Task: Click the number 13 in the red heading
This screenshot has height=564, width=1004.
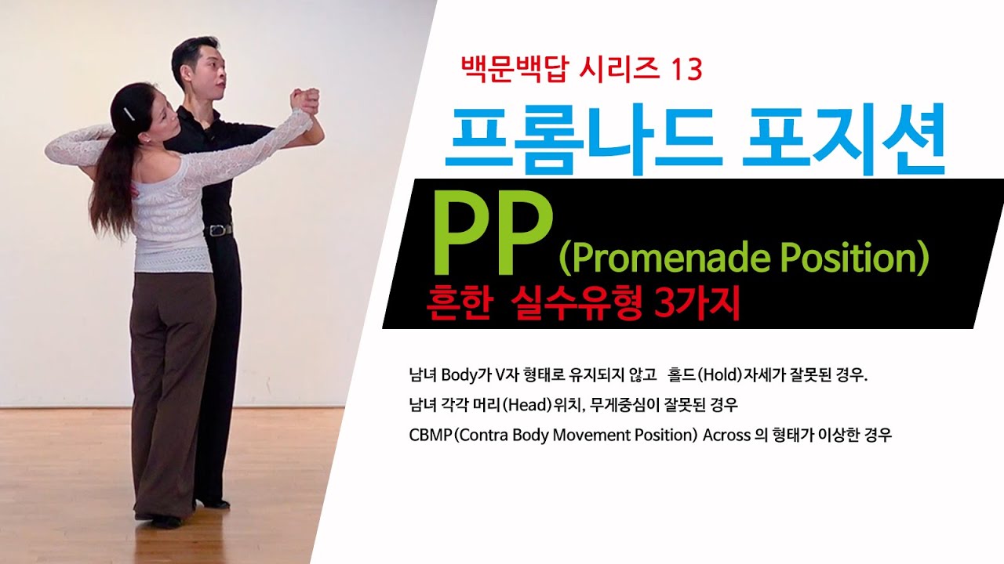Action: click(x=685, y=70)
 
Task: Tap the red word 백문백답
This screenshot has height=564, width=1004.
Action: click(x=507, y=70)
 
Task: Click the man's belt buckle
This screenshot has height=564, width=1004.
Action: click(x=220, y=230)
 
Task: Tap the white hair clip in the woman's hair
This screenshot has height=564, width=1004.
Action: click(x=127, y=114)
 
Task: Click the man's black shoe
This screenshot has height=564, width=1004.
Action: click(x=213, y=503)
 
